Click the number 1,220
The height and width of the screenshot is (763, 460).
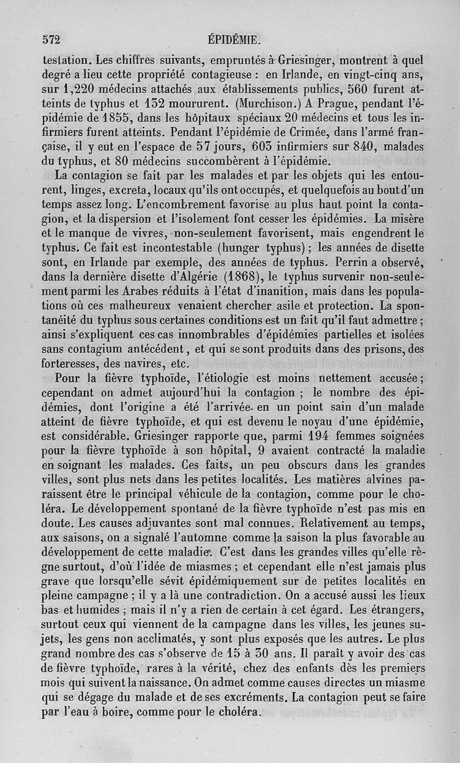[78, 89]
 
